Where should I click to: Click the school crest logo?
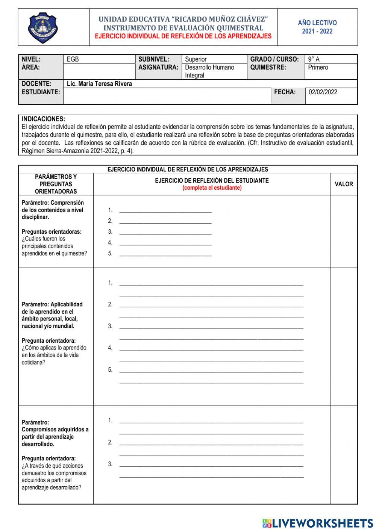(x=43, y=27)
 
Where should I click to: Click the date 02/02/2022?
(x=323, y=92)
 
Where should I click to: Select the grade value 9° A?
(x=314, y=59)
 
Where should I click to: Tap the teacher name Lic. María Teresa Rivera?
(x=99, y=84)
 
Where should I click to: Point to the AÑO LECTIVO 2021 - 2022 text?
(x=317, y=27)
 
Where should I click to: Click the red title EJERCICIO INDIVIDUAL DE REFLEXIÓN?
(x=183, y=36)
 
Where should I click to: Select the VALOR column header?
(x=344, y=184)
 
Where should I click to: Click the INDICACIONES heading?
(x=43, y=119)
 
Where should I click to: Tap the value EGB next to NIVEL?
(x=73, y=59)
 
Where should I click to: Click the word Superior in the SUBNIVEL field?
(x=196, y=59)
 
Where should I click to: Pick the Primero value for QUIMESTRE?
(x=318, y=67)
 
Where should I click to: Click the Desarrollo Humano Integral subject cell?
(x=209, y=71)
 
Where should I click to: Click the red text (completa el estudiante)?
(x=212, y=188)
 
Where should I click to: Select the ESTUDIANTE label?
(x=41, y=92)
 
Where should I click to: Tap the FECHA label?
(x=285, y=92)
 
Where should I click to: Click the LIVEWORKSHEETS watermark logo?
(x=317, y=523)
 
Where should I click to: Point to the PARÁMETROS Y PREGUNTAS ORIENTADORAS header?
(x=56, y=184)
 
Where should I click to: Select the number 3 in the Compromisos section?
(x=110, y=464)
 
